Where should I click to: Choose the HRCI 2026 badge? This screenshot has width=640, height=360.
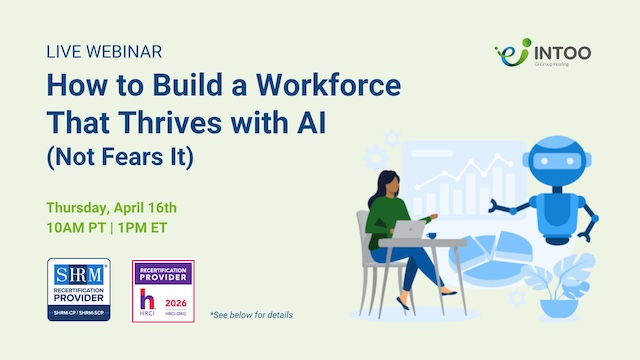click(163, 290)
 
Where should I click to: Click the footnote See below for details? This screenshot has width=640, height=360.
click(251, 316)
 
